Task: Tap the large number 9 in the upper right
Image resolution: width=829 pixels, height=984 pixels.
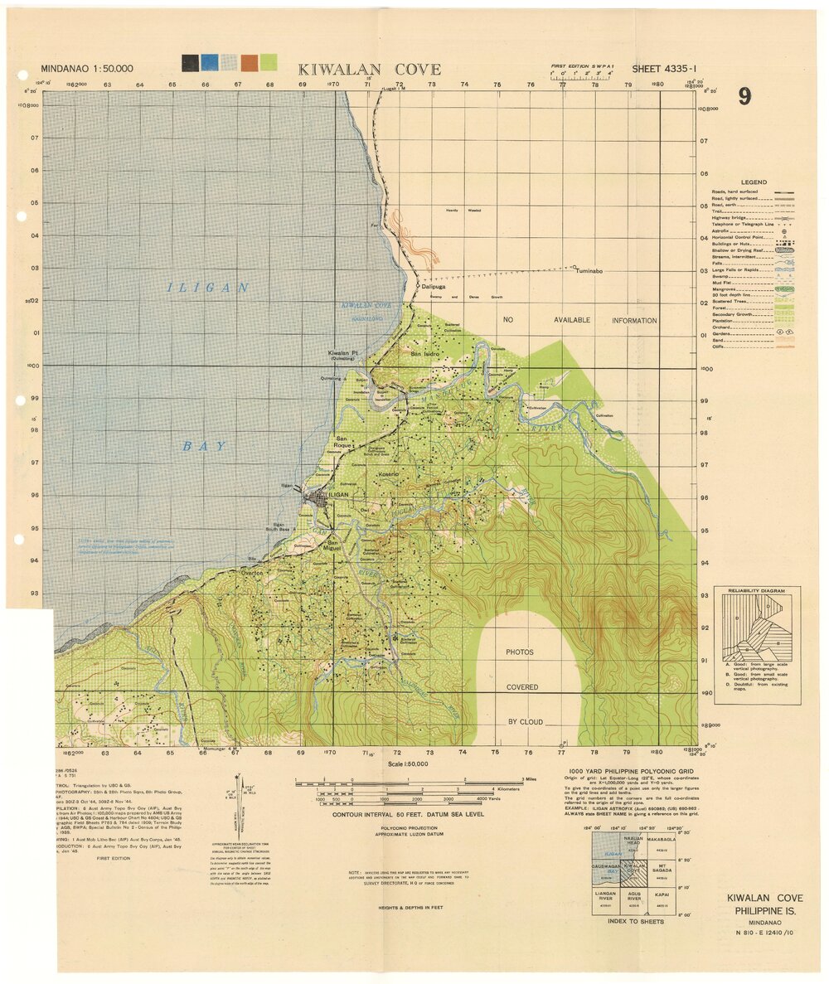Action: pos(744,97)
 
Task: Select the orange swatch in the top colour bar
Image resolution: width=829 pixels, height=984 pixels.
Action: pos(248,62)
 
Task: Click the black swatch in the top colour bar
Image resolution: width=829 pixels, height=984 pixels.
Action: pos(190,62)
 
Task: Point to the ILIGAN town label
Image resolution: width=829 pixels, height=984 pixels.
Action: pos(339,495)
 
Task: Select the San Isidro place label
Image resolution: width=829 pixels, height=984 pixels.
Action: pos(425,354)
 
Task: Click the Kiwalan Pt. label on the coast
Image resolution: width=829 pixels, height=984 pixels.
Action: pos(342,353)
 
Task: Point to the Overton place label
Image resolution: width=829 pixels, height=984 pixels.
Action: pos(251,573)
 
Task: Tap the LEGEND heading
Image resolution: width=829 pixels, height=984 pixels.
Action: pos(754,182)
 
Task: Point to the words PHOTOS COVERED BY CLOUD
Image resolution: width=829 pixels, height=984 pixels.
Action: pos(523,687)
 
